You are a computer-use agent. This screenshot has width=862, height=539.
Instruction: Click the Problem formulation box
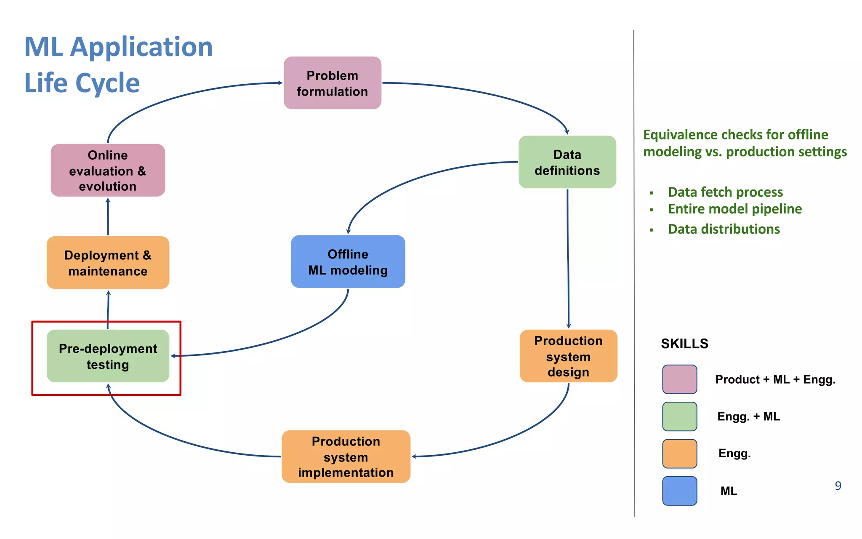[332, 83]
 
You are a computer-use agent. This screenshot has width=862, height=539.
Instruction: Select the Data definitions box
[567, 162]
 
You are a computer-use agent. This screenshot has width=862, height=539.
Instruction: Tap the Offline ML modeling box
[348, 261]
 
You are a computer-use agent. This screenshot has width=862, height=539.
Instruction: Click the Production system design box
[568, 356]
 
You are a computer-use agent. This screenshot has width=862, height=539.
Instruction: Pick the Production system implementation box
[346, 456]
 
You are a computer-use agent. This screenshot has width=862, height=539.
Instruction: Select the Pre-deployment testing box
[108, 356]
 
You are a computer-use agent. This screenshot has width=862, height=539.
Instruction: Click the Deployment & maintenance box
[108, 263]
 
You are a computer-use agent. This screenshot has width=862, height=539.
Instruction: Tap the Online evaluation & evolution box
[108, 170]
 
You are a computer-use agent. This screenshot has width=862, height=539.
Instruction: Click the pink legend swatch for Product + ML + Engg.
[679, 379]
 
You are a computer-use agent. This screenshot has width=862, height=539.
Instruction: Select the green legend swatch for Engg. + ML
[679, 416]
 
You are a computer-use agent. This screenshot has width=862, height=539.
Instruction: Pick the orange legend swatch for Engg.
[679, 454]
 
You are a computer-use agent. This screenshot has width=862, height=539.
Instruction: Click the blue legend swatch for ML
[679, 491]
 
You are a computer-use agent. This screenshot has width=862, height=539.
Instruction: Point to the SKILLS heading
[684, 344]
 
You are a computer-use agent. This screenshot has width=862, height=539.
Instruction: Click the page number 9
[838, 486]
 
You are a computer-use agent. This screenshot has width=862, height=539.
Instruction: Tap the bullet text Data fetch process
[725, 192]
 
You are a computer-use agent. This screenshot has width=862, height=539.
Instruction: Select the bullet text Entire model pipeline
[734, 209]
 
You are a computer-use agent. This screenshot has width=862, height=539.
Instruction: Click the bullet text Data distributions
[724, 229]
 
